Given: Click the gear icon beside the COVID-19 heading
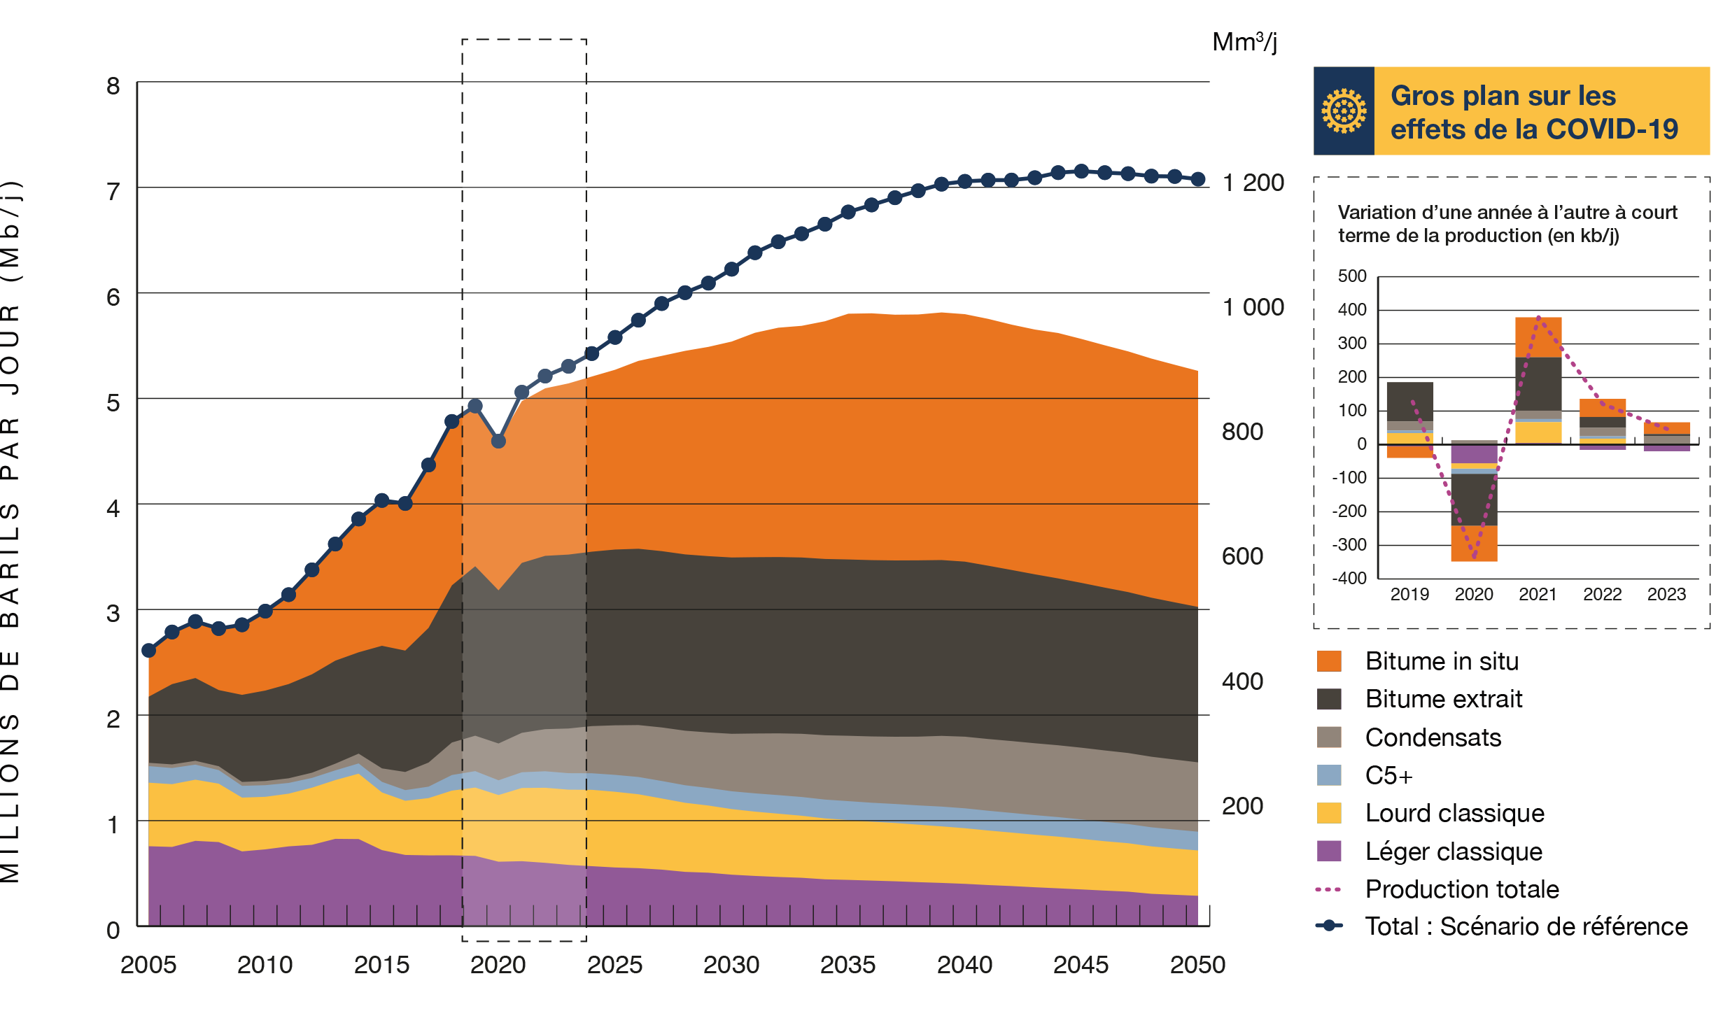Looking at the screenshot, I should [1343, 111].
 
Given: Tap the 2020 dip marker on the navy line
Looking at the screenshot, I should [498, 441].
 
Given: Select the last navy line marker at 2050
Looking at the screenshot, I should [1198, 179].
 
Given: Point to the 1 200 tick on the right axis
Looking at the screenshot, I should [1253, 183].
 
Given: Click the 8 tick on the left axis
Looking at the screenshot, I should [113, 86].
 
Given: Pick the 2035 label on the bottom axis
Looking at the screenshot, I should [848, 964].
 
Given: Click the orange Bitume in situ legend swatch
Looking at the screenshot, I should [1329, 661].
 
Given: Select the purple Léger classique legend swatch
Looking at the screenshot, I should [1329, 851].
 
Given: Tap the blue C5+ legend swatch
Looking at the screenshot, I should [1329, 775].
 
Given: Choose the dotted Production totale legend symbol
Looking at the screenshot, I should [1329, 889].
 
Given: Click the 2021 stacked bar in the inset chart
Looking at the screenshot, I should [1538, 380].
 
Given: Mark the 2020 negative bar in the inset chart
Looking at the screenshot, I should [1474, 501].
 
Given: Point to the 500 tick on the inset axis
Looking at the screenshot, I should [1352, 276].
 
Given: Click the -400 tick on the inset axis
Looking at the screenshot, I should [1350, 578].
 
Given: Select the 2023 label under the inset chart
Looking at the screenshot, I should [1666, 595].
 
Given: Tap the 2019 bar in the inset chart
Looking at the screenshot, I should [1409, 420].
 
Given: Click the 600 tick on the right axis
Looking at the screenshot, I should [1242, 556].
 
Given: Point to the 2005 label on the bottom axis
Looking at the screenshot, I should [148, 964].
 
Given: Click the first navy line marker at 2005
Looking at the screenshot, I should [148, 650].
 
